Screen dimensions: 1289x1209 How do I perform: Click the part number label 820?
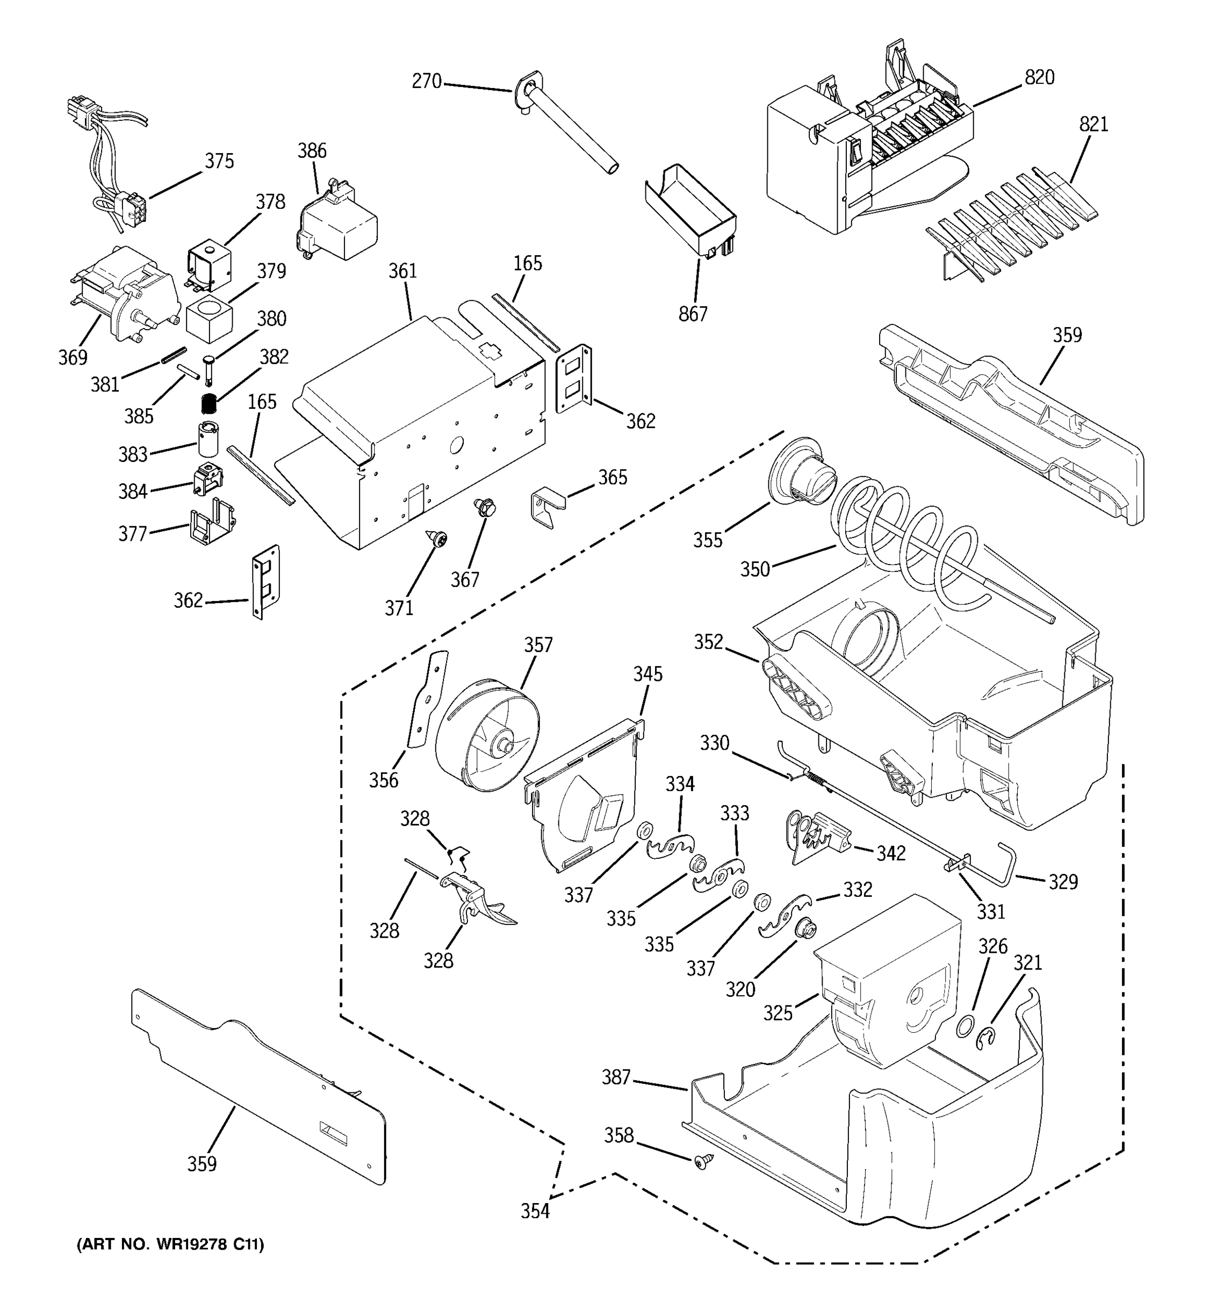click(1039, 78)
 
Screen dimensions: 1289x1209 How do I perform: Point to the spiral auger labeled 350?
click(908, 538)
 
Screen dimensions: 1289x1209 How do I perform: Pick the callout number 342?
click(890, 853)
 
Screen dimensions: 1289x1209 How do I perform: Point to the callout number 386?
click(312, 151)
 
